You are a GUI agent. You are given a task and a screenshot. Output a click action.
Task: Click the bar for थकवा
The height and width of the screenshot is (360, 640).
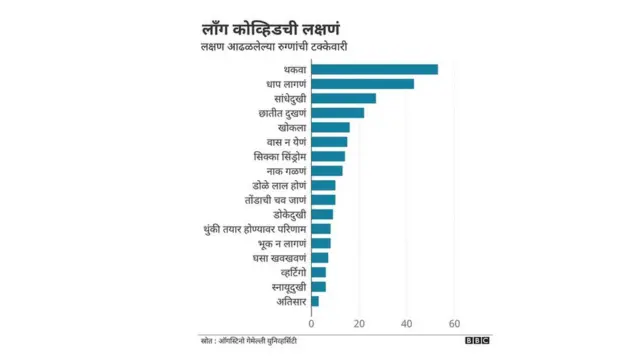374,69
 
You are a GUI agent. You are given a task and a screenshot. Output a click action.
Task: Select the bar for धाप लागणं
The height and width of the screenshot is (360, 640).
362,84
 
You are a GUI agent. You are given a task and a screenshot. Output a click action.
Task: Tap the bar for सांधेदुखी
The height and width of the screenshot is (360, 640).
343,98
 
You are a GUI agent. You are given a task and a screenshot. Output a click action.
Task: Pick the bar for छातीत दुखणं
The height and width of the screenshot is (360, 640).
337,113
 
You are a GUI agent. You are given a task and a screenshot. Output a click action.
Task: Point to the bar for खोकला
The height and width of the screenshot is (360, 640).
330,127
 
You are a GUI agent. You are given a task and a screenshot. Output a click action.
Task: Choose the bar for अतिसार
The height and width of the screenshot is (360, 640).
315,300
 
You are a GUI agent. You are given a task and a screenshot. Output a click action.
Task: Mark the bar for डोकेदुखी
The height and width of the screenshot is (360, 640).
322,214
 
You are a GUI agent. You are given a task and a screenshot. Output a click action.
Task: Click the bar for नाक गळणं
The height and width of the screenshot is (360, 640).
326,171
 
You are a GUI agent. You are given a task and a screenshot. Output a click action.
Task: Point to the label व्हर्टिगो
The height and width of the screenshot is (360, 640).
289,272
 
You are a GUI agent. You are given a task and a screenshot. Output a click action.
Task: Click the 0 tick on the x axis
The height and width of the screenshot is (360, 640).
312,324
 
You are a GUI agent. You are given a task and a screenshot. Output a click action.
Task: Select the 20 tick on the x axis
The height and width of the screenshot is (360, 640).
359,324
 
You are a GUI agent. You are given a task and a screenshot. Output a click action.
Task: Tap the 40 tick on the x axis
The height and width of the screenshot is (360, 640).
407,324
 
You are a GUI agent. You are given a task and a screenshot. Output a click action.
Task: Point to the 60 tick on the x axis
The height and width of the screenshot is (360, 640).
454,324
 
